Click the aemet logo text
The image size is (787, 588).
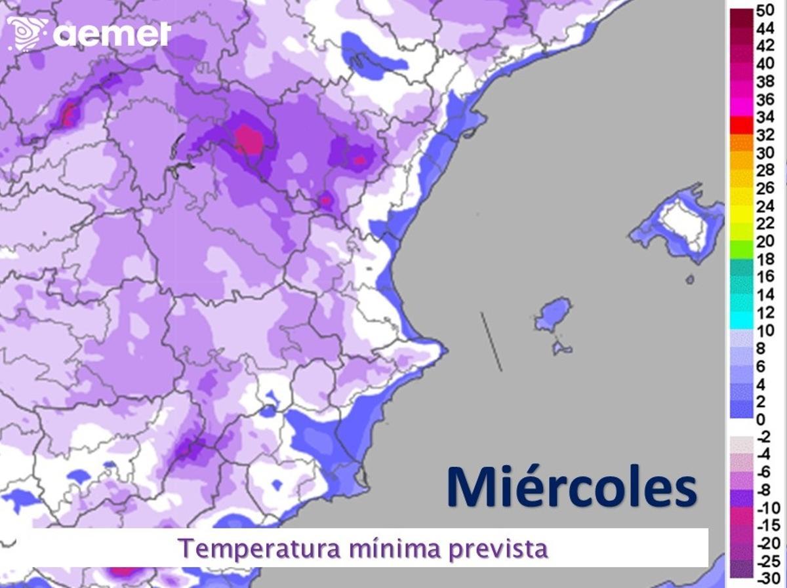tap(111, 33)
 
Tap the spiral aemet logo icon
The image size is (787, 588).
tap(27, 33)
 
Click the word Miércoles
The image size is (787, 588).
tap(571, 486)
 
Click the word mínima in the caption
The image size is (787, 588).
tap(393, 548)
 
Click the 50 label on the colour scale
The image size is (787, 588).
tap(765, 10)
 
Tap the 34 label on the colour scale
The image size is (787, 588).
tap(765, 118)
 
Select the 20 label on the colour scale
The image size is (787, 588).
tap(765, 241)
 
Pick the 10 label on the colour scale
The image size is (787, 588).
tap(765, 330)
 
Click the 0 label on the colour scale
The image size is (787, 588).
tap(760, 420)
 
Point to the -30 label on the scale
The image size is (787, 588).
tap(767, 578)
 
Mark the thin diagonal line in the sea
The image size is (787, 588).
tap(491, 342)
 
